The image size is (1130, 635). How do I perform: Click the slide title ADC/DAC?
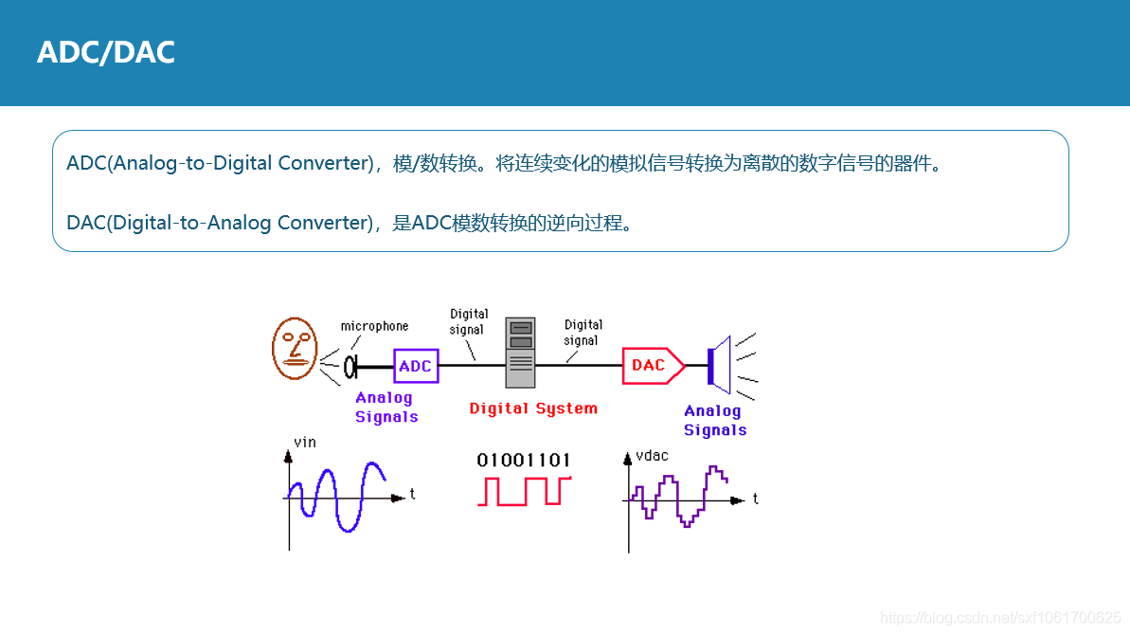[106, 52]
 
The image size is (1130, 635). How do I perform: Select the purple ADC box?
[415, 366]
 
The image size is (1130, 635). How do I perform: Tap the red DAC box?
[650, 365]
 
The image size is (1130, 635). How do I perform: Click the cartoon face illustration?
[294, 348]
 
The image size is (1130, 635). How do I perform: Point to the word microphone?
[374, 326]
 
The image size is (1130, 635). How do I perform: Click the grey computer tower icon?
[520, 353]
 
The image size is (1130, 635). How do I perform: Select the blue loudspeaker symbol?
[721, 364]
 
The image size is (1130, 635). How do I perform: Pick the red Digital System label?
[533, 408]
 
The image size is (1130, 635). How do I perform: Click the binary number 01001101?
[524, 461]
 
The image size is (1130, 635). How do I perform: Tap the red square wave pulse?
[524, 491]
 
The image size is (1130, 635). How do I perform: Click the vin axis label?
[305, 442]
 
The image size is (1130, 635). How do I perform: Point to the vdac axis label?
[652, 456]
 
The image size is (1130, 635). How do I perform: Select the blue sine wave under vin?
[336, 496]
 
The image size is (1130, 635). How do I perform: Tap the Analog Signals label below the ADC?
[386, 408]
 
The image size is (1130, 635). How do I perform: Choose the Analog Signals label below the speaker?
[714, 420]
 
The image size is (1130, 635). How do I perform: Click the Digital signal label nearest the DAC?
[583, 333]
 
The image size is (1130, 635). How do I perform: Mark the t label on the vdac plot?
[755, 499]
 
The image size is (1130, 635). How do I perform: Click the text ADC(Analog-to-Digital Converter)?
[221, 163]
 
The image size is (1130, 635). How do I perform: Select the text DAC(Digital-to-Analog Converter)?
[221, 223]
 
